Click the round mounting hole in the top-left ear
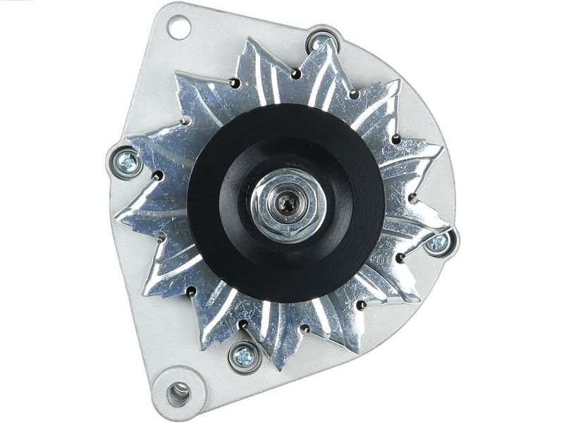click(179, 28)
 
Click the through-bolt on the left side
click(127, 161)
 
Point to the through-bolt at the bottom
click(244, 357)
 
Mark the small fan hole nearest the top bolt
click(297, 74)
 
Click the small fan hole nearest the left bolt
click(158, 176)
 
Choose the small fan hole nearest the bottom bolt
click(243, 325)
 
